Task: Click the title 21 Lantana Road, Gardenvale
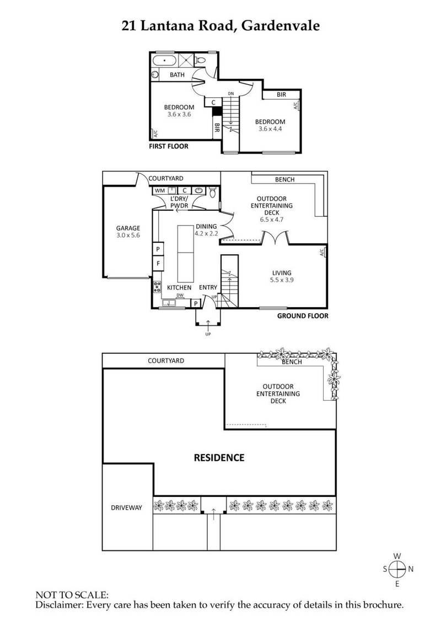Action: [x=220, y=26]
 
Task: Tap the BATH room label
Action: [x=177, y=75]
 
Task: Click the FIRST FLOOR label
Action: [x=169, y=146]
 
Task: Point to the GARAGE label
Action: [x=127, y=228]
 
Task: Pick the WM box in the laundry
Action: [x=160, y=190]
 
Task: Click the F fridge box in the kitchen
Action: [x=158, y=264]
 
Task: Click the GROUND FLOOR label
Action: [x=303, y=316]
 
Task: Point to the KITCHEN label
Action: [x=179, y=287]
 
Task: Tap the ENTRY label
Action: [x=208, y=287]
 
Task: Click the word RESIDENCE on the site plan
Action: [x=218, y=457]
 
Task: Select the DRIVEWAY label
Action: [x=126, y=507]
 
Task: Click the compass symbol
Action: [x=397, y=569]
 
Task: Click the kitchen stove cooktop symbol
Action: [x=158, y=286]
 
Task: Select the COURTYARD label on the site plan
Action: [x=165, y=361]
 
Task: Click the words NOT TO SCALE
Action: [x=72, y=595]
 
